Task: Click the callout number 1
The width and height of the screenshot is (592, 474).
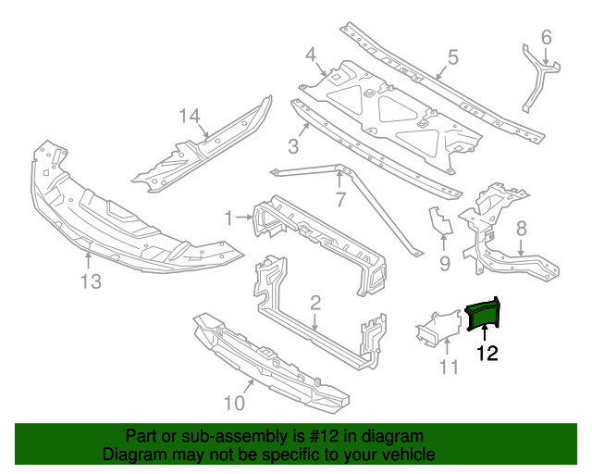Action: [x=228, y=218]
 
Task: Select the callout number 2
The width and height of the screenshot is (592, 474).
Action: [x=315, y=302]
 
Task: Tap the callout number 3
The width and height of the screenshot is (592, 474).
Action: [x=292, y=146]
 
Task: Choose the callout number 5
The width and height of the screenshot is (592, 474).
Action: [x=452, y=57]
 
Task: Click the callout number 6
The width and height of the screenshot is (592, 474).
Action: [x=546, y=37]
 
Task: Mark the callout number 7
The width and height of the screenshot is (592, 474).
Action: [x=339, y=199]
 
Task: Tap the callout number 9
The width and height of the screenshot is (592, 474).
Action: [x=444, y=265]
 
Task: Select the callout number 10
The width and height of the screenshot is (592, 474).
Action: [x=235, y=402]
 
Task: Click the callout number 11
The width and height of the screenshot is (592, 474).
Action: [x=448, y=368]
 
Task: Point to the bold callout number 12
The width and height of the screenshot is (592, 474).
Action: [x=487, y=353]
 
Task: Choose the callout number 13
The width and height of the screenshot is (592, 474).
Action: [x=89, y=282]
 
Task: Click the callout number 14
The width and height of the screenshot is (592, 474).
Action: [x=190, y=116]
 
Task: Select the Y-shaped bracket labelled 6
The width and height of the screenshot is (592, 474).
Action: [x=539, y=79]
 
